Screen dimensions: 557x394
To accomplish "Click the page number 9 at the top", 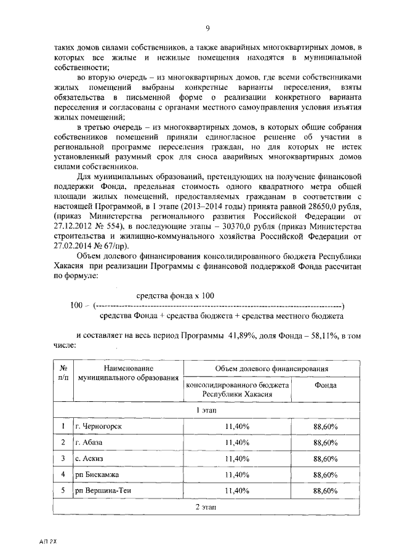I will tap(208, 28).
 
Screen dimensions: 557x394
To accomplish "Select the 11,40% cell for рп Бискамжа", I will tap(236, 475).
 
